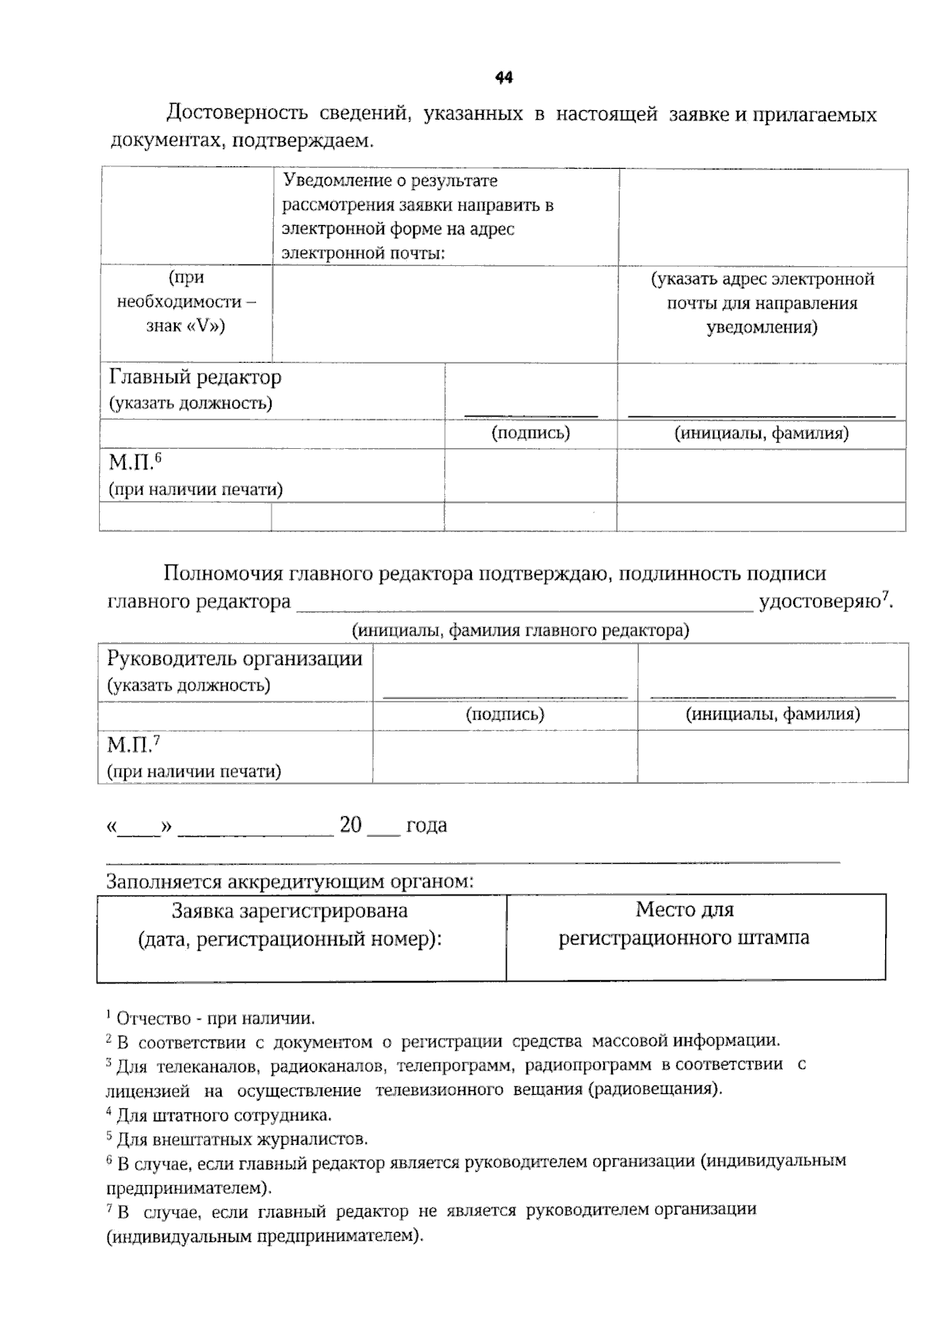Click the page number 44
503,78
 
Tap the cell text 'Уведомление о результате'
390,181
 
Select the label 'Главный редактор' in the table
195,377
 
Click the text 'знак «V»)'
185,326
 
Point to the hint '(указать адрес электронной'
762,279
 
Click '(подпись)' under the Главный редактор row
530,433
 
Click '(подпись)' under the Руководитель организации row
505,714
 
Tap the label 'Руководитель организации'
234,659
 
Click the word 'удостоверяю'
820,602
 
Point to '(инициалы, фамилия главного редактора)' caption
520,630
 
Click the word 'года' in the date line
426,825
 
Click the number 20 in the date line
350,825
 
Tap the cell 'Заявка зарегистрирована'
290,911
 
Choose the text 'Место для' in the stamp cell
684,910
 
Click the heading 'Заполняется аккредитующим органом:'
290,881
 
